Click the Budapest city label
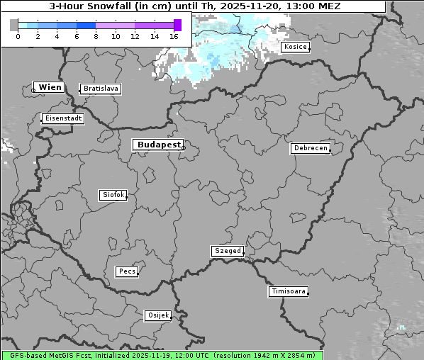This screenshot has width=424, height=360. pos(158,145)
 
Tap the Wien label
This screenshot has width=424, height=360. pos(50,87)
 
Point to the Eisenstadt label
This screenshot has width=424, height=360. pos(62,118)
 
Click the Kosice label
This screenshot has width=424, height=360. pos(295,47)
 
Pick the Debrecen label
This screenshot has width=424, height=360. pos(310,148)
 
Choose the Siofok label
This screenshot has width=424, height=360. pos(113,194)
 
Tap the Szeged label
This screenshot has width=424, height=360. pos(228,251)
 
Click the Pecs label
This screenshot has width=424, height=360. pos(127,271)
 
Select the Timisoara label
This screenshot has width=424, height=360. pos(289,291)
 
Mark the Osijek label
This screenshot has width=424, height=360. pos(158,315)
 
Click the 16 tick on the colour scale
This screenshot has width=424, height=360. pos(174,35)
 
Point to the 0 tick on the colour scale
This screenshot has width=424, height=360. pos(18,35)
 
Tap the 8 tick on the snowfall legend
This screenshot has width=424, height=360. pos(96,35)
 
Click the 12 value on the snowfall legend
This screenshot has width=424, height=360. pos(135,35)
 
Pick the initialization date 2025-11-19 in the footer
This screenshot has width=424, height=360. pos(141,355)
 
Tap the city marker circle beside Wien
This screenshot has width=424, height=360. pos(33,90)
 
